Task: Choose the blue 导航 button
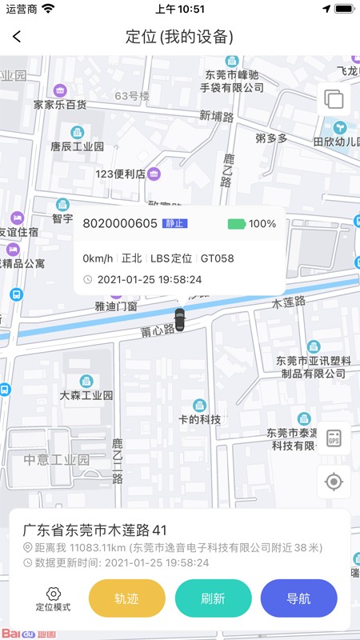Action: tap(298, 598)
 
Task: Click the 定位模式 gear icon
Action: tap(54, 594)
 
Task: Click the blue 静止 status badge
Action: tap(175, 224)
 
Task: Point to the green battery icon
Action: tap(236, 224)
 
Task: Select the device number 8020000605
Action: tap(120, 224)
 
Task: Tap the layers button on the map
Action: tap(334, 100)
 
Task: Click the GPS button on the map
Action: tap(334, 438)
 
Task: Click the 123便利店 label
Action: tap(121, 174)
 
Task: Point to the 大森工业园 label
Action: tap(86, 395)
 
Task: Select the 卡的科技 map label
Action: tap(199, 419)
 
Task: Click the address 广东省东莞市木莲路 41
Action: tap(94, 530)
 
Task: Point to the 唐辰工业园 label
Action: tap(77, 146)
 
